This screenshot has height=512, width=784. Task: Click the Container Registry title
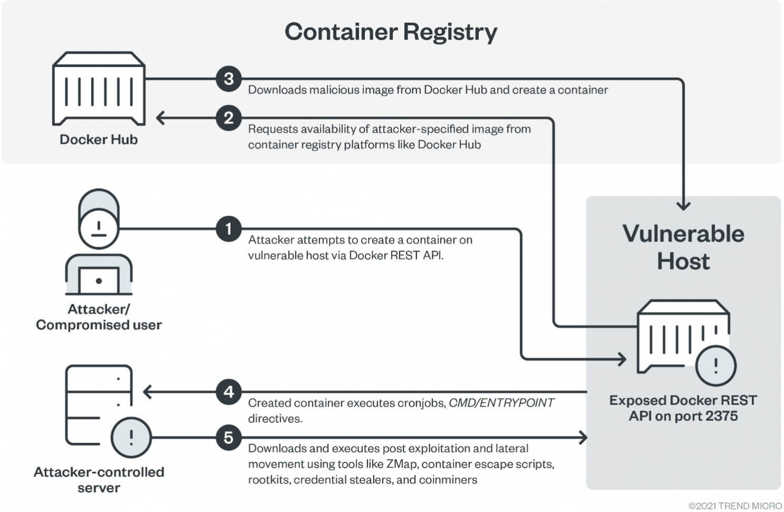point(391,32)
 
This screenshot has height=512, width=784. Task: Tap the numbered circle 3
point(229,79)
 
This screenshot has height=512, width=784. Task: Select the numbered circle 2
point(229,118)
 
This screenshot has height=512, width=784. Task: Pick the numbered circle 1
point(229,229)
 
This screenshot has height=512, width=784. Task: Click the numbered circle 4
point(229,392)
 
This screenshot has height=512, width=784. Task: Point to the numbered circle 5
point(229,437)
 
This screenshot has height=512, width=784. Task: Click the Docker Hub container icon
point(99,89)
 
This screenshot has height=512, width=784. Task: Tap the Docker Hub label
point(99,139)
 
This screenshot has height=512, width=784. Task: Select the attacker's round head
point(99,229)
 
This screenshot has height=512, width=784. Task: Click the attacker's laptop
point(99,280)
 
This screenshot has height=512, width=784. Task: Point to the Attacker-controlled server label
point(99,480)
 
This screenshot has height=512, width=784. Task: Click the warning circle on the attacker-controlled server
point(131,437)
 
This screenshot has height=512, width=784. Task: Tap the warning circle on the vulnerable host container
point(716,366)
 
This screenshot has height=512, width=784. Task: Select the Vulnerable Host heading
point(683,247)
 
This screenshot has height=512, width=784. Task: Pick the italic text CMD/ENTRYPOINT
point(501,403)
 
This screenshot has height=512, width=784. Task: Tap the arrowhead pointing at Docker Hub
point(160,118)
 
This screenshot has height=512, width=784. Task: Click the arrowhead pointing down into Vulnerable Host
point(683,206)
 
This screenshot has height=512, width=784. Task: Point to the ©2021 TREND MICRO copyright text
point(735,506)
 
